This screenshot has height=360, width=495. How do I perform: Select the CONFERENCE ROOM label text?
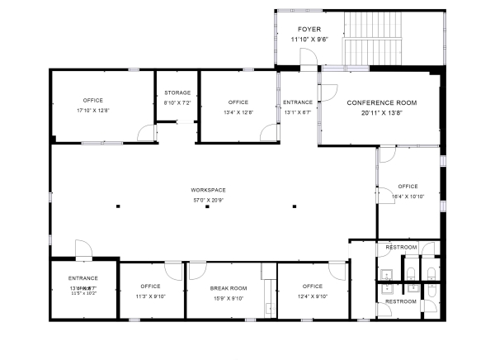[x=381, y=102]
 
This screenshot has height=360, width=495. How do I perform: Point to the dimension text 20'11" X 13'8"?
[x=381, y=112]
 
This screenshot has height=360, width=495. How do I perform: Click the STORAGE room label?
[x=177, y=93]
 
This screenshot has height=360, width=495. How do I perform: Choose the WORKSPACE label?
[x=208, y=190]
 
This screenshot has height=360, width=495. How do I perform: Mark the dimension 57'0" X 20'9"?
[x=208, y=200]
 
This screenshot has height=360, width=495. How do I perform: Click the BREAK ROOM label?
[x=229, y=288]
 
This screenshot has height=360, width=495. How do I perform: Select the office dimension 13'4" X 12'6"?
[x=238, y=112]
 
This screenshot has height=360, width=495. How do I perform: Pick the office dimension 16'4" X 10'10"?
[x=408, y=197]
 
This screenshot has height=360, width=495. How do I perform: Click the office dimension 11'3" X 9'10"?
[x=150, y=296]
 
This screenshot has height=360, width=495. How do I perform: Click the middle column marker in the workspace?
[x=208, y=206]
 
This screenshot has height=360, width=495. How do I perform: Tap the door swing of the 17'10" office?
[x=144, y=133]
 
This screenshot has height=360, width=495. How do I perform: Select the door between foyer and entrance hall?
[x=307, y=59]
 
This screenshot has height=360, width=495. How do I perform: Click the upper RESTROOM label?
[x=401, y=247]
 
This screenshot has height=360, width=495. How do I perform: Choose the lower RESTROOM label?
[x=401, y=301]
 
